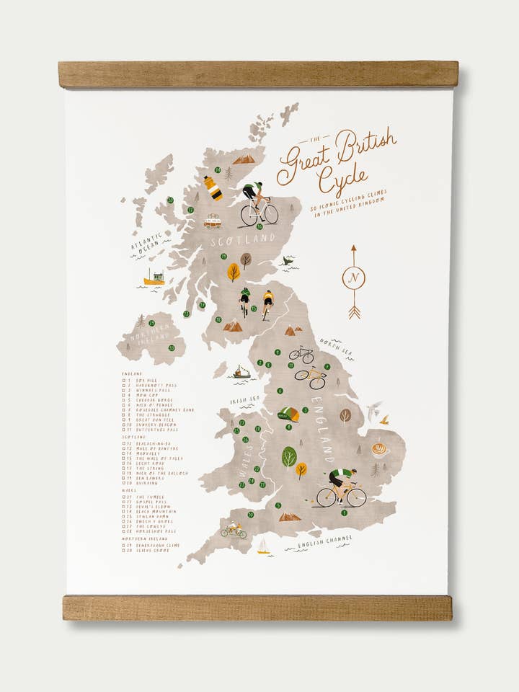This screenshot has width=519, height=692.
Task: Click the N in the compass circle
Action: [353, 278]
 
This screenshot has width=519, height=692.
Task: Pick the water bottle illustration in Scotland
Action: [213, 187]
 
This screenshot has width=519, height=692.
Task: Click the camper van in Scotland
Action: [213, 220]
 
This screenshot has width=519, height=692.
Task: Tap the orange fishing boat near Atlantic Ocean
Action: [154, 278]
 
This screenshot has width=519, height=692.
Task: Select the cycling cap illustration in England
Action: [289, 414]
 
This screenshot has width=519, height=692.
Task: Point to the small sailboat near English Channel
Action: [264, 546]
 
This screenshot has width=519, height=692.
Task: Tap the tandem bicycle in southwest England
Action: [233, 531]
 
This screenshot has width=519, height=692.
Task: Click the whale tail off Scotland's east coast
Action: [288, 261]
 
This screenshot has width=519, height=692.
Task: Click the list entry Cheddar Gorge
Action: [151, 400]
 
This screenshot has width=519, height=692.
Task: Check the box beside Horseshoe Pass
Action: [124, 531]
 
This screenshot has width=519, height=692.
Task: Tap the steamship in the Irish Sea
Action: [241, 372]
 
